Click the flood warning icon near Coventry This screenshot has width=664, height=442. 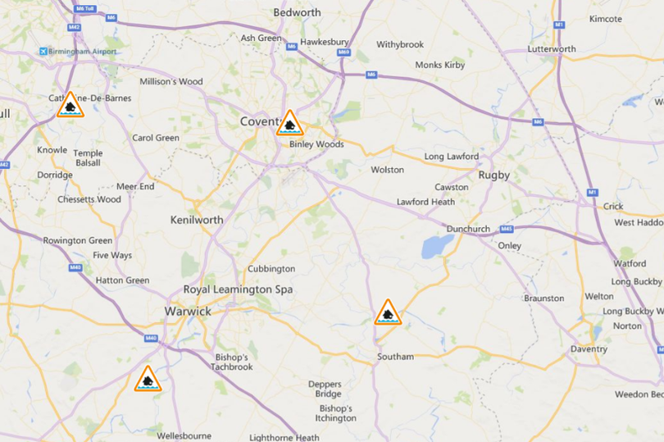point(289,124)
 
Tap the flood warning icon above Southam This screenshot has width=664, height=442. point(388,312)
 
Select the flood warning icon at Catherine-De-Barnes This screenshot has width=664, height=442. point(70,105)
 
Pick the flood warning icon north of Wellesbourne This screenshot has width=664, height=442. point(148,379)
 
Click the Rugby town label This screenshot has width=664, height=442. point(493,175)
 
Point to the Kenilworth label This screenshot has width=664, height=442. point(196,220)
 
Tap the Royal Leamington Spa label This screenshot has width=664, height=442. point(238,289)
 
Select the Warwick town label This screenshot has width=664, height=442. point(188,312)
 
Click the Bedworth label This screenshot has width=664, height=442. point(297,12)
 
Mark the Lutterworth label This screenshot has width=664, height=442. point(552,49)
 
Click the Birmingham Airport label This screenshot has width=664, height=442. point(83,52)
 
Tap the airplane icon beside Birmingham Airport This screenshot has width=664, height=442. point(43,52)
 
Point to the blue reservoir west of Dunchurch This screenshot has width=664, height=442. point(437,246)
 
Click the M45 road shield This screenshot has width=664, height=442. point(506,229)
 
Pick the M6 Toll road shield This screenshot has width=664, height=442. point(84,8)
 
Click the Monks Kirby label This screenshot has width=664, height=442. point(440,65)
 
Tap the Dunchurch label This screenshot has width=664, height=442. point(468,229)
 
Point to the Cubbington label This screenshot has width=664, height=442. point(271,269)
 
